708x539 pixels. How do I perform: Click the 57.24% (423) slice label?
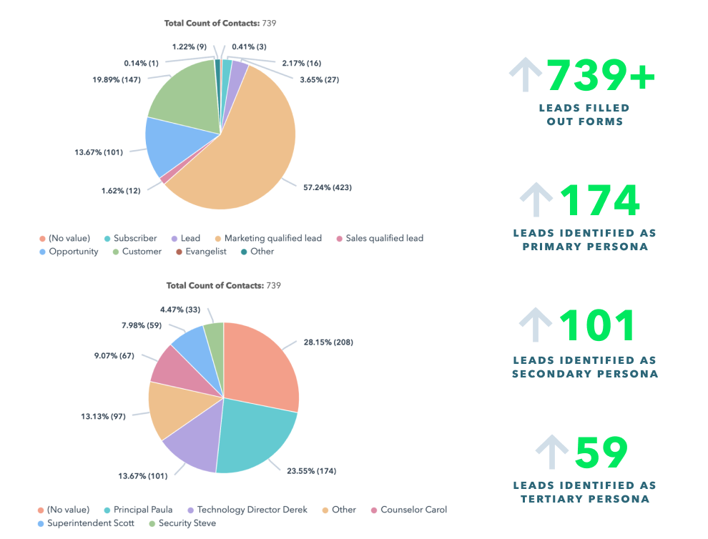[327, 187]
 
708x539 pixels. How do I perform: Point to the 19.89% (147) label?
[115, 80]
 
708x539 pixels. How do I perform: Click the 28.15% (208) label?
[328, 342]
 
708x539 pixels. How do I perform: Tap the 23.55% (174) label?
[312, 471]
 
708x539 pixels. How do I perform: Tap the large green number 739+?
[601, 75]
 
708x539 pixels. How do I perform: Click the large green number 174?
[599, 201]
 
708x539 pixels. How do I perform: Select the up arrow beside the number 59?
[552, 453]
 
